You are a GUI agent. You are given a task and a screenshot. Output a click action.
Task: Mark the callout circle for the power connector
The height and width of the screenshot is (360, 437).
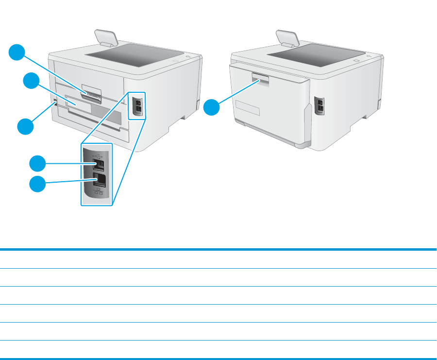[25, 127]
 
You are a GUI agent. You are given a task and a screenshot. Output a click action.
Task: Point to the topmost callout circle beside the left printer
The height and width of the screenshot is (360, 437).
[18, 52]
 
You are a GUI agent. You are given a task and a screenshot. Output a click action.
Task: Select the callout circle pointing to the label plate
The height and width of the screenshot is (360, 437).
[32, 81]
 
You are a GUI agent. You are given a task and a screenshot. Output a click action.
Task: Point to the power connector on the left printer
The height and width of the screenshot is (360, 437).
[55, 103]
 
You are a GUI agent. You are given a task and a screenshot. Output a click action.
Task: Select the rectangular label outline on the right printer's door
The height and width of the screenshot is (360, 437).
[247, 107]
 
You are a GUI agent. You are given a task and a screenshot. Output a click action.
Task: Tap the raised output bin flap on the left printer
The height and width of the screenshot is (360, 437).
[105, 38]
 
